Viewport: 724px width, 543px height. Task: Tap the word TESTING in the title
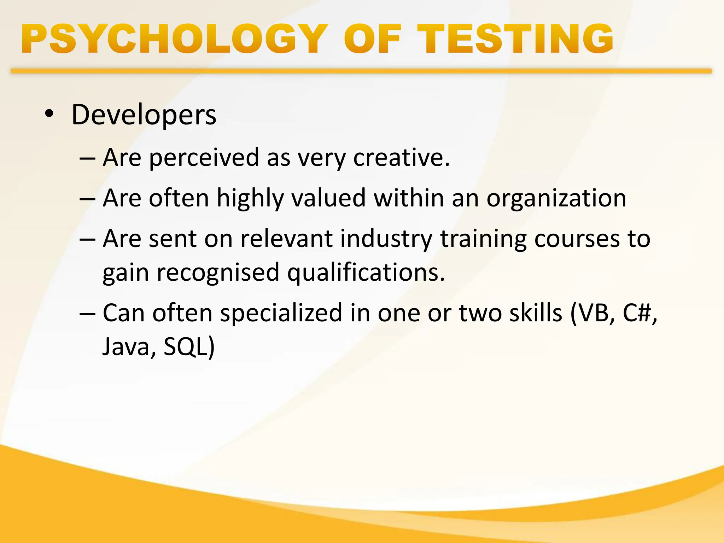click(x=515, y=39)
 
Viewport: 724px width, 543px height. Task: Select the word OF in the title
click(x=373, y=39)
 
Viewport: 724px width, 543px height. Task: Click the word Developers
click(x=144, y=115)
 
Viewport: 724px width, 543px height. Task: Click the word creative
click(x=401, y=157)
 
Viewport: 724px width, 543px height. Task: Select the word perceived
click(x=204, y=157)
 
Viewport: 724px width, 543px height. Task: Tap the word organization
click(x=556, y=198)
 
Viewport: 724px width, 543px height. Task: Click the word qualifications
click(x=366, y=273)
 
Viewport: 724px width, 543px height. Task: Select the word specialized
click(x=281, y=313)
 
